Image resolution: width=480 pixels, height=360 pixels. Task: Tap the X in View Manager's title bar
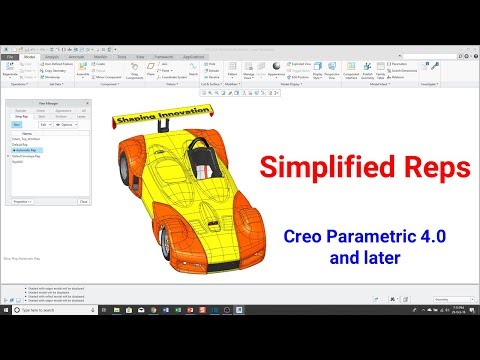(88, 103)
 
